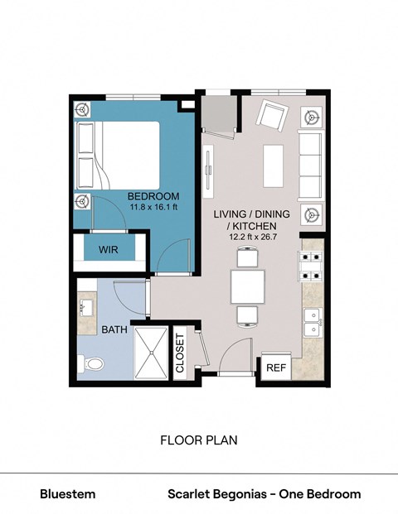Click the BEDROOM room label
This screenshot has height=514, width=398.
tap(151, 196)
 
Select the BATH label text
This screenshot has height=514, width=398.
tap(114, 329)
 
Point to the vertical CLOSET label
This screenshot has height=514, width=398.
tap(180, 354)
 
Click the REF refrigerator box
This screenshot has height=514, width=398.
tap(274, 367)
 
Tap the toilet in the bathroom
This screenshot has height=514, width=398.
tap(91, 363)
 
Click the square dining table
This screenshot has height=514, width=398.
tap(248, 286)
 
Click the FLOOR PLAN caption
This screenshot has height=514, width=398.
tap(199, 440)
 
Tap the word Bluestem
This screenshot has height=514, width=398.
tap(68, 494)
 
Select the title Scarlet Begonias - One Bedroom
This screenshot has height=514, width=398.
tap(265, 494)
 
